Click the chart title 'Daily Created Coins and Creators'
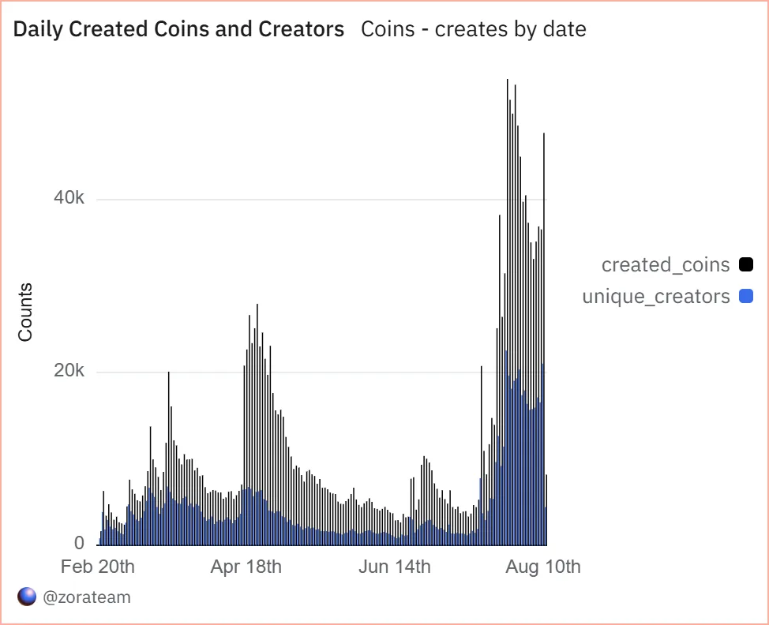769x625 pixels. [179, 30]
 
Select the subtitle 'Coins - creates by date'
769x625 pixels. [473, 30]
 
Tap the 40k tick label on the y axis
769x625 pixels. [69, 199]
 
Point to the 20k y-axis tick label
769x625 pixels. [69, 372]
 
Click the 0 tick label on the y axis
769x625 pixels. [80, 544]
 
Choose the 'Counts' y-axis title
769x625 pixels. [25, 312]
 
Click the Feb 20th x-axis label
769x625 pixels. [98, 567]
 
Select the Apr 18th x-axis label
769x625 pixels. [246, 567]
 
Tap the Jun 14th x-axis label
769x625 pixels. [394, 567]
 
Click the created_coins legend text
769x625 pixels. [666, 264]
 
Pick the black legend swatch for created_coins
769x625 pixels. [745, 264]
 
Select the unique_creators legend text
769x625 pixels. [656, 297]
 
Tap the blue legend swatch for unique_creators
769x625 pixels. [745, 297]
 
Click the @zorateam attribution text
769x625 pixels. [87, 597]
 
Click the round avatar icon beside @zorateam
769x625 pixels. [27, 597]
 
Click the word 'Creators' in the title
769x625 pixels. [302, 30]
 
